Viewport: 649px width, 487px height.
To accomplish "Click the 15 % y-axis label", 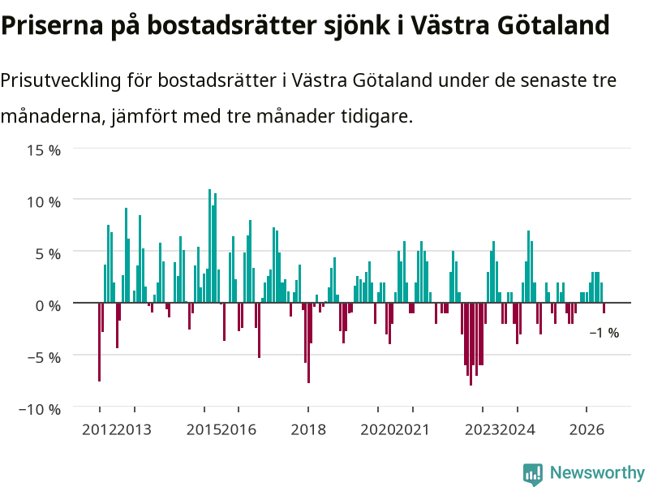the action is [44, 150].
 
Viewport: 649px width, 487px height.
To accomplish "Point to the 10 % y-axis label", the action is [44, 202].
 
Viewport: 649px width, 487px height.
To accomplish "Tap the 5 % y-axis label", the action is [48, 254].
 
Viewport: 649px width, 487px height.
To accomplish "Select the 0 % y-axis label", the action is [48, 306].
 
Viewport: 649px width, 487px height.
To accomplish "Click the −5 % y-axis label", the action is [44, 357].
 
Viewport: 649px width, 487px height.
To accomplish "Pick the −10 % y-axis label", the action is [40, 409].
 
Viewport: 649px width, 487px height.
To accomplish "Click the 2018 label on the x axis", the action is [308, 429].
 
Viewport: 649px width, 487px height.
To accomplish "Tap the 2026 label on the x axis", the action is [587, 429].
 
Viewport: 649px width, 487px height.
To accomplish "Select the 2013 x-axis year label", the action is [134, 429].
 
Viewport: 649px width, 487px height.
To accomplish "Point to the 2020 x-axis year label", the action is [377, 429].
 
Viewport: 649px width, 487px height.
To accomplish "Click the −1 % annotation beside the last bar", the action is [604, 333].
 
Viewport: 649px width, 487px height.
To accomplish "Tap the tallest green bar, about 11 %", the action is [209, 246].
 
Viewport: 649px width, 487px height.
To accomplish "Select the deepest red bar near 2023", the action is [471, 344].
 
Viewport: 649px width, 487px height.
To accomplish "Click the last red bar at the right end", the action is [604, 308].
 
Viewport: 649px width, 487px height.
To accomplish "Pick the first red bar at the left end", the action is [99, 342].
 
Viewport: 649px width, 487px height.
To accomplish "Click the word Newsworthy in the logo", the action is [597, 472].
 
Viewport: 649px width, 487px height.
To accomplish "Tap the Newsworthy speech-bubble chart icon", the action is [533, 474].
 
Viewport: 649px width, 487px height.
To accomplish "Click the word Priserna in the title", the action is [52, 25].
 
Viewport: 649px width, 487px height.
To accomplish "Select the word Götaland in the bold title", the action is [553, 25].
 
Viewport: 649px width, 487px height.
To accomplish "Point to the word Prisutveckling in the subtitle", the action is [61, 80].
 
